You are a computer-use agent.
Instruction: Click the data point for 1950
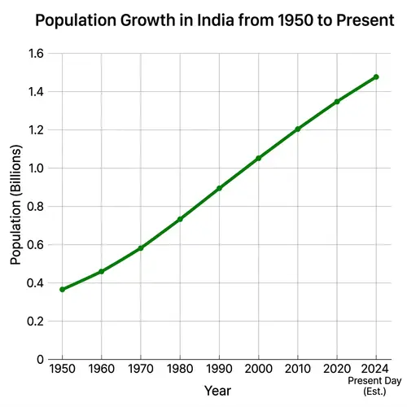tap(62, 290)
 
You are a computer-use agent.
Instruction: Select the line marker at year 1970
tap(141, 247)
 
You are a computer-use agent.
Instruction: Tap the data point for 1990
tap(219, 188)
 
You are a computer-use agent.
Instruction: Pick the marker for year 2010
tap(298, 129)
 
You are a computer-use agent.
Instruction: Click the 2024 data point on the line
tap(376, 77)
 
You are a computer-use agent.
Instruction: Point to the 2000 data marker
tap(259, 158)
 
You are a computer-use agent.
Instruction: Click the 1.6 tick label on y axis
tap(35, 54)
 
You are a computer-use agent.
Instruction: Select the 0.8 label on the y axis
tap(35, 207)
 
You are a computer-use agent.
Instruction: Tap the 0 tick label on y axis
tap(40, 359)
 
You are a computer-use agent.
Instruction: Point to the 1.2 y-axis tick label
tap(35, 130)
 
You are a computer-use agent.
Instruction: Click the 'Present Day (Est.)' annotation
tap(375, 386)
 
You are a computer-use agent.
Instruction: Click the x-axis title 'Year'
tap(217, 391)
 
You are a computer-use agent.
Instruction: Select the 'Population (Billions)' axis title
tap(15, 207)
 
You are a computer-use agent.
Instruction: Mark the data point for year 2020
tap(337, 102)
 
